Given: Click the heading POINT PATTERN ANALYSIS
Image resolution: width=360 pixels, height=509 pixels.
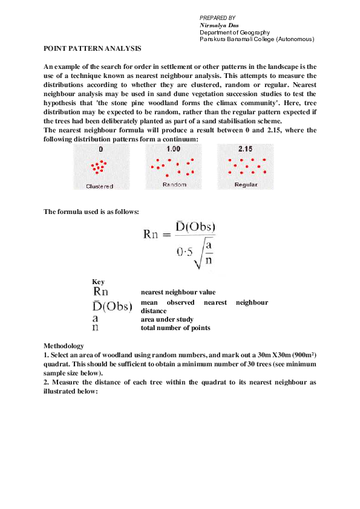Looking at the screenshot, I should coord(93,48).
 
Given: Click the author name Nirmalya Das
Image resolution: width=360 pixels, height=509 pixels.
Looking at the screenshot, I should coord(219,25).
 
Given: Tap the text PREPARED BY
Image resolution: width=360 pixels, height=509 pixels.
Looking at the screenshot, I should coord(217,18).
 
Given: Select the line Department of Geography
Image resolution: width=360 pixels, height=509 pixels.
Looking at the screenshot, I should coord(235,32).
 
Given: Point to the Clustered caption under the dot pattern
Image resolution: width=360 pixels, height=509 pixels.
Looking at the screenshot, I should coord(100,186).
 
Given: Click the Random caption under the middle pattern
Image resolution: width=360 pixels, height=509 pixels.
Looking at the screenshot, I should coord(174,185).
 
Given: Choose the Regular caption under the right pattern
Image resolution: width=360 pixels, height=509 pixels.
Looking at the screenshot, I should coord(246,185).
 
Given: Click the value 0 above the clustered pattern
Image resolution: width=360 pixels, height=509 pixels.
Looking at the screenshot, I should coord(100,149).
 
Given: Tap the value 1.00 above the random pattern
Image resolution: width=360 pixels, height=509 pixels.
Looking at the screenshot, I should coord(174,149).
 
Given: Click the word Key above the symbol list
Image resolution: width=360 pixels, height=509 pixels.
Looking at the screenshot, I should coord(97,282).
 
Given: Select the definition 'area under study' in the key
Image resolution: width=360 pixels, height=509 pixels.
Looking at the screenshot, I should coord(167,319).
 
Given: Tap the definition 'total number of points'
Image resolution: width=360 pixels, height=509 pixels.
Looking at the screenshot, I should coord(175,328).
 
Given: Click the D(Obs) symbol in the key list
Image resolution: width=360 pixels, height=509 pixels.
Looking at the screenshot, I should coord(113,306).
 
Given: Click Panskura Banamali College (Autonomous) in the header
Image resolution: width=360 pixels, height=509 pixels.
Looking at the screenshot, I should coord(257,39).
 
